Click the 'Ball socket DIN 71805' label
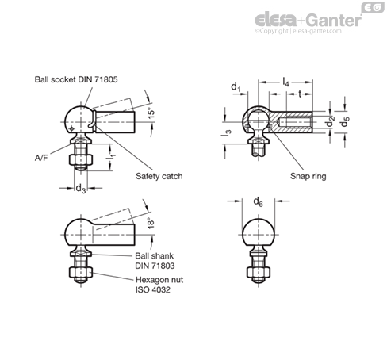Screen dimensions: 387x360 (x=76, y=79)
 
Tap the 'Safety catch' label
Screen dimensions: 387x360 (x=159, y=176)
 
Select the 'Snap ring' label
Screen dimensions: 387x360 (x=308, y=176)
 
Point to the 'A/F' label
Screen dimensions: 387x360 (x=41, y=158)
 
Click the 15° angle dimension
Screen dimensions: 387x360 (x=151, y=113)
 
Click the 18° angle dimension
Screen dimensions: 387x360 (x=151, y=223)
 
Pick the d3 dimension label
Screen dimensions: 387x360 (x=81, y=189)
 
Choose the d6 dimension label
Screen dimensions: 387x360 (x=258, y=201)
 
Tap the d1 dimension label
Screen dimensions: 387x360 (x=236, y=86)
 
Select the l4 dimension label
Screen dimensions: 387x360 (x=285, y=82)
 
